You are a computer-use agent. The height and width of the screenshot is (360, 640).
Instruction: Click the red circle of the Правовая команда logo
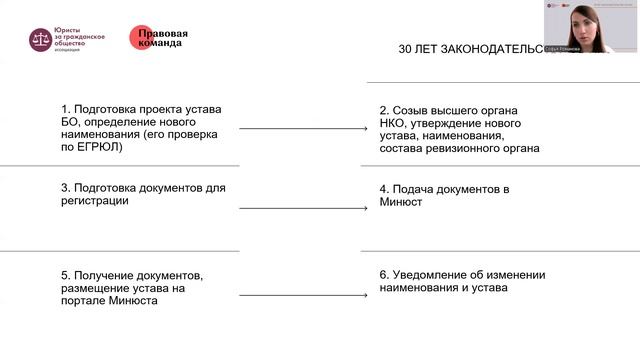(142, 38)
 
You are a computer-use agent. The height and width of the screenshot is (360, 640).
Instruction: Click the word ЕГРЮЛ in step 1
(100, 147)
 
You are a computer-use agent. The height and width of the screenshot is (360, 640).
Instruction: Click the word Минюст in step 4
(401, 201)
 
